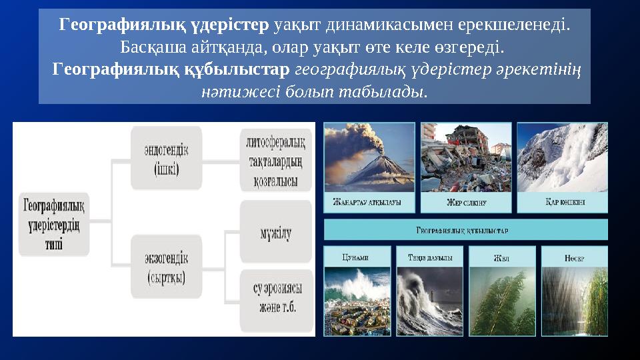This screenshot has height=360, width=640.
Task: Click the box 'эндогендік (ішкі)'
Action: [x=166, y=159]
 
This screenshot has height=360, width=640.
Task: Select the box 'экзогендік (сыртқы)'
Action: [x=166, y=267]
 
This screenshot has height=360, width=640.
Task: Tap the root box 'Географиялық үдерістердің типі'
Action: [x=54, y=225]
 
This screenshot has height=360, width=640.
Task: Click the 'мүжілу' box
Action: [x=275, y=232]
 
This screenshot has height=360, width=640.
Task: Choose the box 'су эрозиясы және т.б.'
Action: [x=275, y=298]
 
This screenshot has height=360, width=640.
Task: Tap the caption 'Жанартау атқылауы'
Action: [x=368, y=203]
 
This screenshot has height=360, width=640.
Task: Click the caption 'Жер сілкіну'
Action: [x=466, y=203]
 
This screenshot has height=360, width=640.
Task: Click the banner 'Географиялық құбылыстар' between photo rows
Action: [x=465, y=230]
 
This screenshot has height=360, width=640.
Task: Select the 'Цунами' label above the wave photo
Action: [x=357, y=257]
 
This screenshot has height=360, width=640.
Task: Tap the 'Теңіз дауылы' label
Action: [x=429, y=257]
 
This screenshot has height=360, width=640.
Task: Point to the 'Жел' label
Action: [x=501, y=257]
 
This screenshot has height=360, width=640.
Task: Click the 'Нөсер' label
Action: [x=574, y=257]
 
